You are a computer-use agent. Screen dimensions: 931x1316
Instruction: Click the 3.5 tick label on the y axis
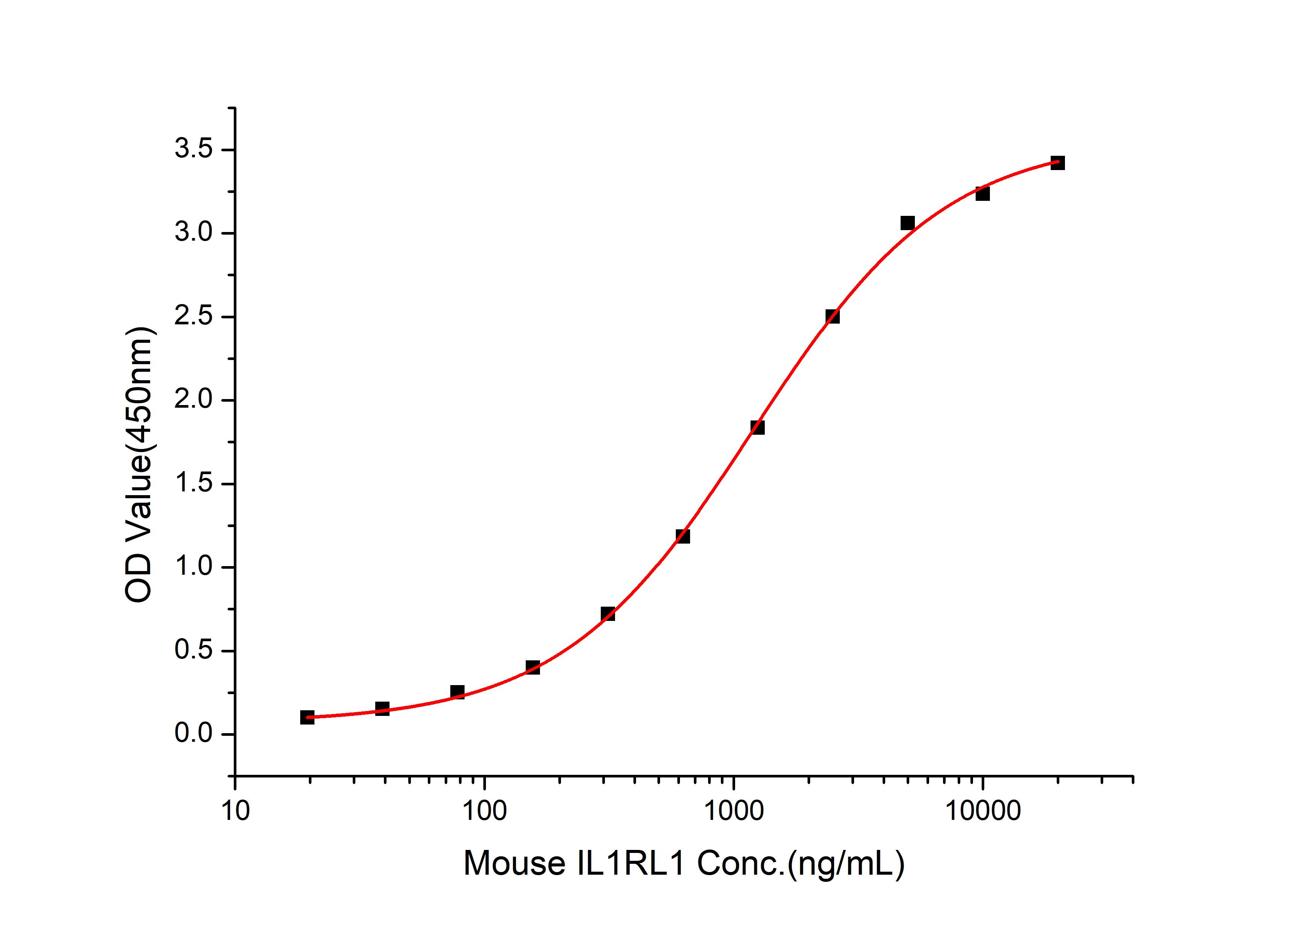point(193,150)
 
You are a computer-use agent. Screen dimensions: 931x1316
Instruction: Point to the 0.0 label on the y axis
point(193,734)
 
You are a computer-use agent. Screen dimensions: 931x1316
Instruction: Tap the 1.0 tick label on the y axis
point(193,567)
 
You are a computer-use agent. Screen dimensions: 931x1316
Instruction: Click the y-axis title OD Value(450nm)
point(139,465)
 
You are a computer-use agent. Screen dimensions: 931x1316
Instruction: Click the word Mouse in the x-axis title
point(514,863)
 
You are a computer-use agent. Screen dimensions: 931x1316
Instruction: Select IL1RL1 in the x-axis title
point(630,863)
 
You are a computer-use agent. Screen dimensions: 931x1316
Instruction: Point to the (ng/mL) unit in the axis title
point(846,863)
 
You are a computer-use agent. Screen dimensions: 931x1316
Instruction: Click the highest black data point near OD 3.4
point(1057,163)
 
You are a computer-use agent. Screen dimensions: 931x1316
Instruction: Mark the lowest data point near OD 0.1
point(307,717)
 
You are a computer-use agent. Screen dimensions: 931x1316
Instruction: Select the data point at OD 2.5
point(832,316)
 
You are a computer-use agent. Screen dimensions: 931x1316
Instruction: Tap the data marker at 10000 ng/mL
point(982,194)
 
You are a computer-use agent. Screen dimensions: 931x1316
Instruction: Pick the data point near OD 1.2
point(683,536)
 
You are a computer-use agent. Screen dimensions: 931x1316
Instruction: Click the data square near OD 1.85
point(757,427)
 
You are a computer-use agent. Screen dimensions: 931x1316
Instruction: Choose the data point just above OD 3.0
point(907,223)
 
